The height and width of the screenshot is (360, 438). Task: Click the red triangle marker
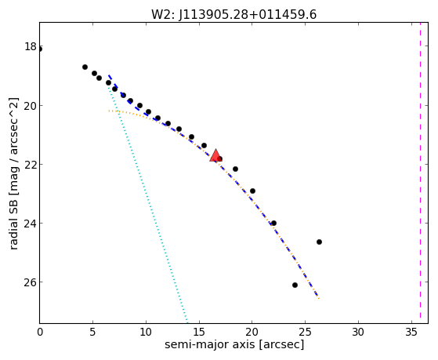[215, 155]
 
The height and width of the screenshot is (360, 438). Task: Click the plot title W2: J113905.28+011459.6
[233, 15]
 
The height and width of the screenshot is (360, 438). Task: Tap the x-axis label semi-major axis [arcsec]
[234, 344]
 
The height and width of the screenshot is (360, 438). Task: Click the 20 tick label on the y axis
[31, 105]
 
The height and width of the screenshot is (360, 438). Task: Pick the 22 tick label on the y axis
[31, 164]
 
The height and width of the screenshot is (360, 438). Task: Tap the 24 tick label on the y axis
[31, 224]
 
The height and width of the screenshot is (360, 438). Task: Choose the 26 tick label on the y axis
[31, 282]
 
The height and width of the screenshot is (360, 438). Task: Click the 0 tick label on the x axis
[40, 333]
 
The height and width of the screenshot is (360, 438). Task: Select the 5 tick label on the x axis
[92, 333]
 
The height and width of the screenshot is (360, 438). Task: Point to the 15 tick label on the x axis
[199, 333]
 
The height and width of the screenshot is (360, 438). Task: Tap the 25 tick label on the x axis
[305, 333]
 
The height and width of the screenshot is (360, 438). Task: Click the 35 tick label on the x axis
[411, 333]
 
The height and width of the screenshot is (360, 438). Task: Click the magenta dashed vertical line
[420, 173]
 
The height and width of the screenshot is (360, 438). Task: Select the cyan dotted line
[147, 204]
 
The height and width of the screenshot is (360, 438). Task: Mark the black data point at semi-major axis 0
[40, 49]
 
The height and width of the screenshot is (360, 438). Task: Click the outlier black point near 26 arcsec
[319, 242]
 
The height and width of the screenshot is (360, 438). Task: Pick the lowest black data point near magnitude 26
[295, 285]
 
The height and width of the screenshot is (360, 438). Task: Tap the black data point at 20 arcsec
[252, 191]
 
